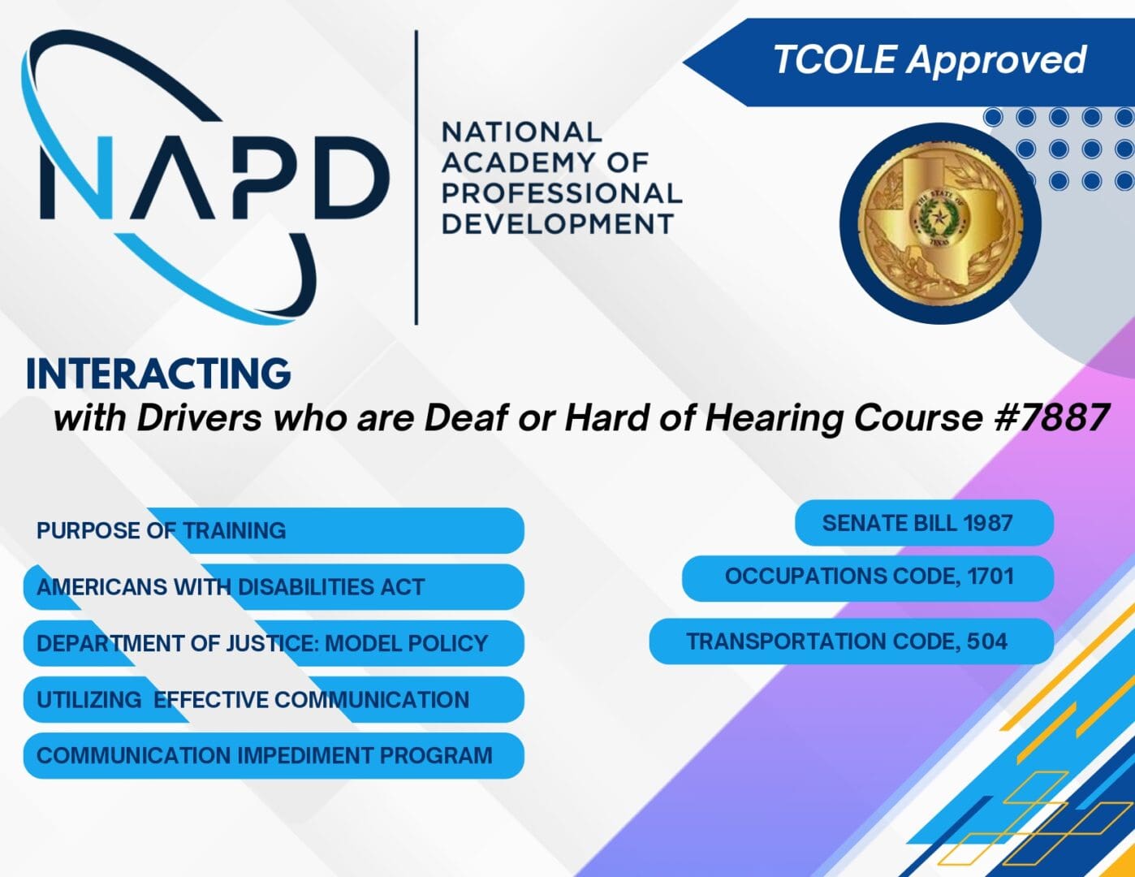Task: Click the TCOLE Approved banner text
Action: point(929,60)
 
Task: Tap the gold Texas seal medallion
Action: point(940,224)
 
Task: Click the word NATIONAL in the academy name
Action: point(521,132)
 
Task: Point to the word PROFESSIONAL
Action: point(562,193)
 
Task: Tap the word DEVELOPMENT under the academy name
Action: point(558,224)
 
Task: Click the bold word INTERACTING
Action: point(158,374)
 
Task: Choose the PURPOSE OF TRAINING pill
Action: point(161,531)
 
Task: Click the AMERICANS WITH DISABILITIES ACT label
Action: point(231,587)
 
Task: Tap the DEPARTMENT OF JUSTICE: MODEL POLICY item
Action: point(262,644)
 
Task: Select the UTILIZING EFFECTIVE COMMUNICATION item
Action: point(252,700)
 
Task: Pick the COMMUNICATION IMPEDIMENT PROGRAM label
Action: point(265,756)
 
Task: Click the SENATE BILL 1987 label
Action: point(917,524)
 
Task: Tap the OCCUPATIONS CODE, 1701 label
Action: point(869,577)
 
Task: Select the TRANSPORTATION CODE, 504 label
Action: point(847,642)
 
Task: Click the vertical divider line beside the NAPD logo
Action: point(416,178)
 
